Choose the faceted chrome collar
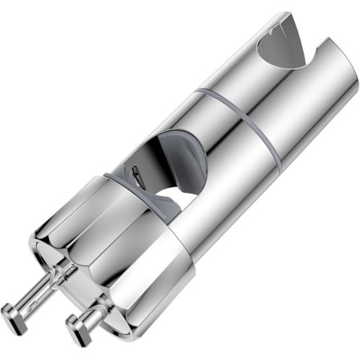(121, 241)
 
